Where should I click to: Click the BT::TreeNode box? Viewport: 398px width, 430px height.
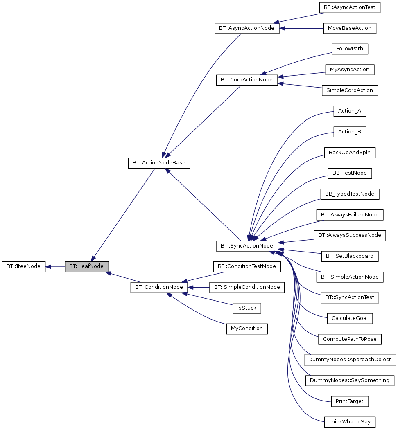[x=23, y=266]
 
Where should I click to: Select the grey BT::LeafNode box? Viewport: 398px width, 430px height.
[x=86, y=266]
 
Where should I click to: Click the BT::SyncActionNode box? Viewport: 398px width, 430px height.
[x=246, y=246]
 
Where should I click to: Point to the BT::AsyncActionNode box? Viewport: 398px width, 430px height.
[x=246, y=28]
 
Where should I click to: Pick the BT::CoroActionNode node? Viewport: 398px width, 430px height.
[x=246, y=80]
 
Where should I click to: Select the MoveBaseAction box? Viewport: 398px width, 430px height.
[x=349, y=28]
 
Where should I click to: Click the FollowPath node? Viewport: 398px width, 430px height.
[x=349, y=49]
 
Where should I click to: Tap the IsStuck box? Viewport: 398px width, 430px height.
[x=246, y=308]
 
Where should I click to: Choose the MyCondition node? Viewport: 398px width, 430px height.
[x=246, y=329]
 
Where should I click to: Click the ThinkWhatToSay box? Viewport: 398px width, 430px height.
[x=349, y=422]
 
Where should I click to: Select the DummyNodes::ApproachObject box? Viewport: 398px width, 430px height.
[x=349, y=360]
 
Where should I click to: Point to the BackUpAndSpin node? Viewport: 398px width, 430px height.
[x=349, y=153]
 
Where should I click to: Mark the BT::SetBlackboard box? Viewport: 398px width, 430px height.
[x=349, y=256]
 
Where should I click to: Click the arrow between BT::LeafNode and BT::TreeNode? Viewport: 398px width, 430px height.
[x=55, y=266]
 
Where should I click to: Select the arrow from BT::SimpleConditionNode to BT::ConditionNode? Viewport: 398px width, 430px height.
[x=199, y=287]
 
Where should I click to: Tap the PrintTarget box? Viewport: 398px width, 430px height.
[x=349, y=401]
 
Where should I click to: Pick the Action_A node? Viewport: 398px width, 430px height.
[x=349, y=111]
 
